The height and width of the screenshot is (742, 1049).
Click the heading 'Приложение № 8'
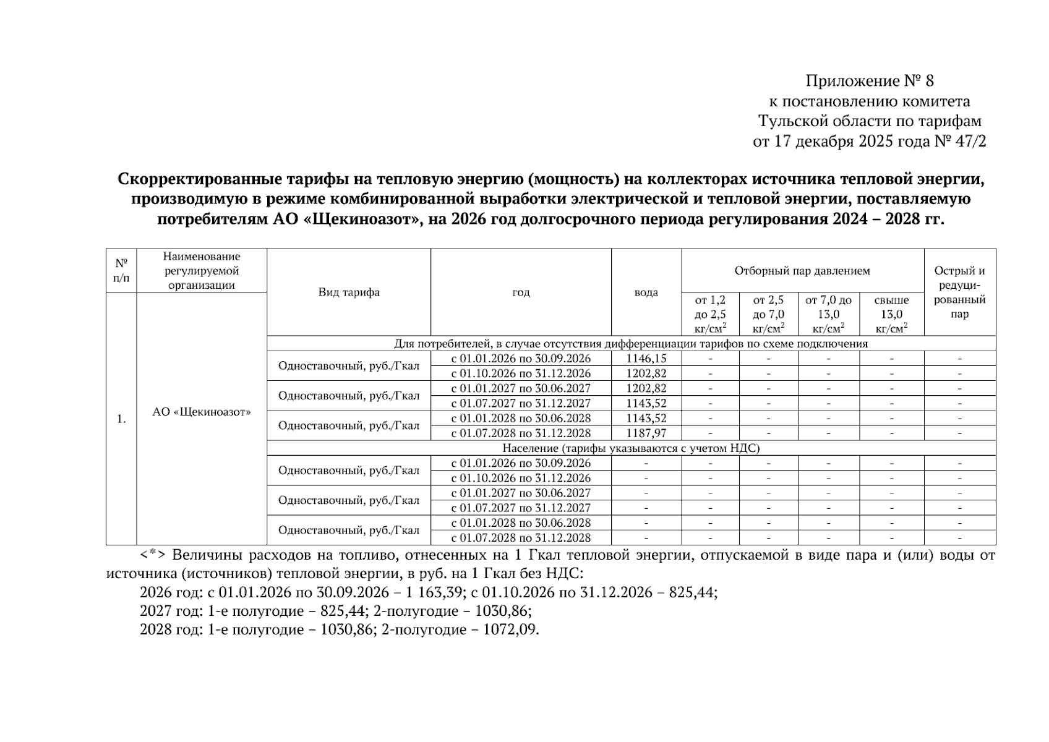(x=869, y=81)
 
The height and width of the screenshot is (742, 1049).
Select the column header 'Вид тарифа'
(x=349, y=292)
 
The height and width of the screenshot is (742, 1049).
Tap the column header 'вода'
(x=646, y=292)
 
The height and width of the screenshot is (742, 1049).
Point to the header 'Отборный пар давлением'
(x=802, y=271)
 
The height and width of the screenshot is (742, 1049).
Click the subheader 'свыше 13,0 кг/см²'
(x=891, y=314)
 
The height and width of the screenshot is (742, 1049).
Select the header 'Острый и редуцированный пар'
(x=959, y=292)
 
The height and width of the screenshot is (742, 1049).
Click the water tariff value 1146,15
(x=646, y=359)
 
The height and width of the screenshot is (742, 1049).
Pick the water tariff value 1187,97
(x=646, y=433)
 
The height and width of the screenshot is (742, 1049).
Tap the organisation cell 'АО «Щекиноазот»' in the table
(x=202, y=412)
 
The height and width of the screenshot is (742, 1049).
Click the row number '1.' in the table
(x=121, y=419)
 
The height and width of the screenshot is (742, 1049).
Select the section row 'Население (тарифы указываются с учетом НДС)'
(x=631, y=448)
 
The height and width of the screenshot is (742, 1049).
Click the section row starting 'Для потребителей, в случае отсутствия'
(x=631, y=344)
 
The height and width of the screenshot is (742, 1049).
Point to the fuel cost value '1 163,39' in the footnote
(x=434, y=592)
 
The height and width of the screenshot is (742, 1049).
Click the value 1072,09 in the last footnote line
(x=510, y=629)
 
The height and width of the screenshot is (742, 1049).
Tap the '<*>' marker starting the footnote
(x=152, y=555)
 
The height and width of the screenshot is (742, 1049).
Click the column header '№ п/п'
(x=121, y=271)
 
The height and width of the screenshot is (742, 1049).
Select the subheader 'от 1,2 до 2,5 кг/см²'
(x=710, y=314)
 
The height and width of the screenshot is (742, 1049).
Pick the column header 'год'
(x=521, y=292)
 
